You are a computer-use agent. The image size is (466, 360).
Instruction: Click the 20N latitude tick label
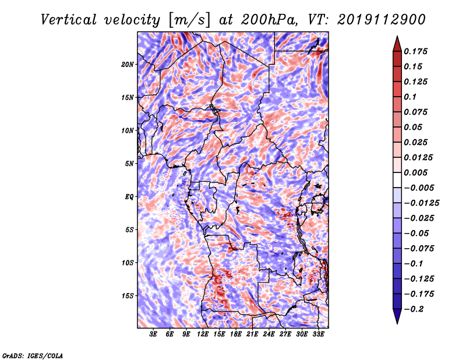click(128, 65)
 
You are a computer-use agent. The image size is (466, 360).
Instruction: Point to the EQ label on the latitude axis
click(129, 197)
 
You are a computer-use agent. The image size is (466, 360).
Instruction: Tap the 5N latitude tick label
click(129, 164)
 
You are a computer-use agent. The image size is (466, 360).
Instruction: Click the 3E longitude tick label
click(153, 334)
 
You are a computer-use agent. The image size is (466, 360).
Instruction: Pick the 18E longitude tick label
click(236, 334)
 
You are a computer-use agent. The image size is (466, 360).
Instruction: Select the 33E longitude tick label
click(318, 334)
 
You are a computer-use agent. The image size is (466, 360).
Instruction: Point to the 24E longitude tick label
click(269, 334)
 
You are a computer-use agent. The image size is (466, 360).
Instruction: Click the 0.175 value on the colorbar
click(415, 51)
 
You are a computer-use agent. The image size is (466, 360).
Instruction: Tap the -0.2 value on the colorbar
click(413, 309)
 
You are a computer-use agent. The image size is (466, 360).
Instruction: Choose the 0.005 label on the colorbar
click(415, 172)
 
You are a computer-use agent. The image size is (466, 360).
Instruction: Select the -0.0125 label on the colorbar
click(421, 203)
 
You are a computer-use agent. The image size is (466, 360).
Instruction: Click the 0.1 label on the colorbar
click(410, 97)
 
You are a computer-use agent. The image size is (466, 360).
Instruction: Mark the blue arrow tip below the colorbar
click(397, 323)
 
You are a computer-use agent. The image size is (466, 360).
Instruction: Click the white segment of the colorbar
click(397, 180)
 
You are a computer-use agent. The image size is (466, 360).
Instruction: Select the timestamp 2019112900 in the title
click(382, 20)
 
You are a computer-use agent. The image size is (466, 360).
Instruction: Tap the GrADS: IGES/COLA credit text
click(33, 356)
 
